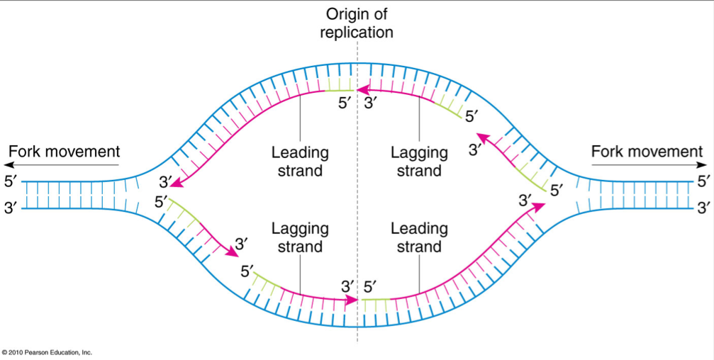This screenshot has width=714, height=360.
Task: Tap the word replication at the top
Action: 357,32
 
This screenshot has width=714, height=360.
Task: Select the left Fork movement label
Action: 64,151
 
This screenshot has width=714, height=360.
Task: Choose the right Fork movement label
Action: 647,151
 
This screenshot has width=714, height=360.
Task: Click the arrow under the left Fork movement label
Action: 64,165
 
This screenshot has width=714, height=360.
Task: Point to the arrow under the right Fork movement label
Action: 647,165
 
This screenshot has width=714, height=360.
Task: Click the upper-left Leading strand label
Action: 300,162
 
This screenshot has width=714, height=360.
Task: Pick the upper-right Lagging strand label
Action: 419,162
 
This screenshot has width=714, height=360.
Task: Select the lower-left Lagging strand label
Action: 300,237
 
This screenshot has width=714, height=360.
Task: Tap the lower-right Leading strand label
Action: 419,237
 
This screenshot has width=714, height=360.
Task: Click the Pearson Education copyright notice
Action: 47,352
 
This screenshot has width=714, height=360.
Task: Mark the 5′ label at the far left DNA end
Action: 11,181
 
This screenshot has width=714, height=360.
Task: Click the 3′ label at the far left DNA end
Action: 11,208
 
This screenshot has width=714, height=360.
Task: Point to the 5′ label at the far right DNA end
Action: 703,181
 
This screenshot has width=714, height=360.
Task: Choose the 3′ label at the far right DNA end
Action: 703,208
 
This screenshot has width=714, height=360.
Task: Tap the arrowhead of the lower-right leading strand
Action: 540,206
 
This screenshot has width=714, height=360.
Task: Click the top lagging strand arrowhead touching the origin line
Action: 361,90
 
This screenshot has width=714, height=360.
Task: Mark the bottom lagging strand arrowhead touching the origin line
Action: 353,300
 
